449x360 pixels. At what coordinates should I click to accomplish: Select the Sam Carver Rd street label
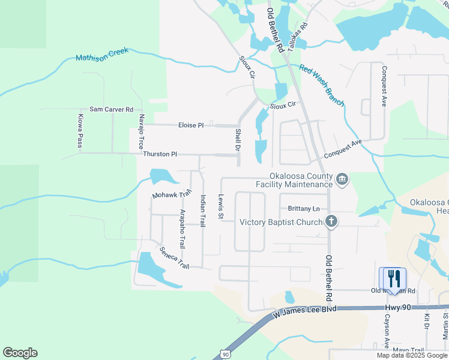point(111,110)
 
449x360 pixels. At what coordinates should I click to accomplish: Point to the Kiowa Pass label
point(79,131)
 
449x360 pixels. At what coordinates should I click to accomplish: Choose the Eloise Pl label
point(191,125)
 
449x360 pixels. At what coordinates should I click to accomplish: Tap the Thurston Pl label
point(160,154)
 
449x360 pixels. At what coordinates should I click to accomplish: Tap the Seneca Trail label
point(174,258)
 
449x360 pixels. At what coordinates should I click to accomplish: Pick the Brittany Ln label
point(304,209)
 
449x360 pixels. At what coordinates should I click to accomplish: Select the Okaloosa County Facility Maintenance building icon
point(342,179)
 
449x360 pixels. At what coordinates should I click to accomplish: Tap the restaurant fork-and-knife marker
point(394,278)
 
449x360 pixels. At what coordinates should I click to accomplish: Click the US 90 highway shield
point(224,355)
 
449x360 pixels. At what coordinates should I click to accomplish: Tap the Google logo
point(20,353)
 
